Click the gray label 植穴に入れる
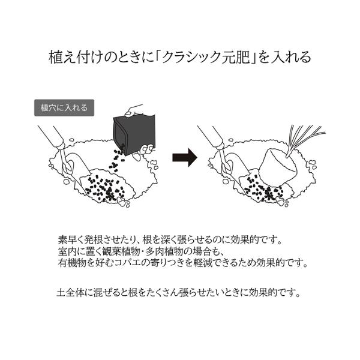click(63, 108)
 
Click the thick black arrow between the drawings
click(185, 158)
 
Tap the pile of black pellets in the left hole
click(106, 190)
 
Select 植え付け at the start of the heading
click(71, 58)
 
